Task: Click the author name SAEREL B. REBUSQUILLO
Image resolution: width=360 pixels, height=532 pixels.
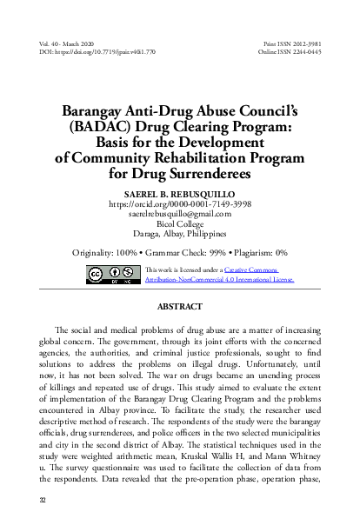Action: [180, 194]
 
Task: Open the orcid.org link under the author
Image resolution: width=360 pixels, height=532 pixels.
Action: [180, 204]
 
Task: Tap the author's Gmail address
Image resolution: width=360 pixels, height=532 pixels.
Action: [180, 214]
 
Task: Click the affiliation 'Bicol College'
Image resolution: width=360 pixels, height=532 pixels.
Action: [180, 223]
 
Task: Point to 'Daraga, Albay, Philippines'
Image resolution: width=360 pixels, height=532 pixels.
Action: [180, 233]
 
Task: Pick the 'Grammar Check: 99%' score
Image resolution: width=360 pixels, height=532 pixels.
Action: [187, 253]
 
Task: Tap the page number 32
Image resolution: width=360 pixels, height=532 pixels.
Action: [43, 500]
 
